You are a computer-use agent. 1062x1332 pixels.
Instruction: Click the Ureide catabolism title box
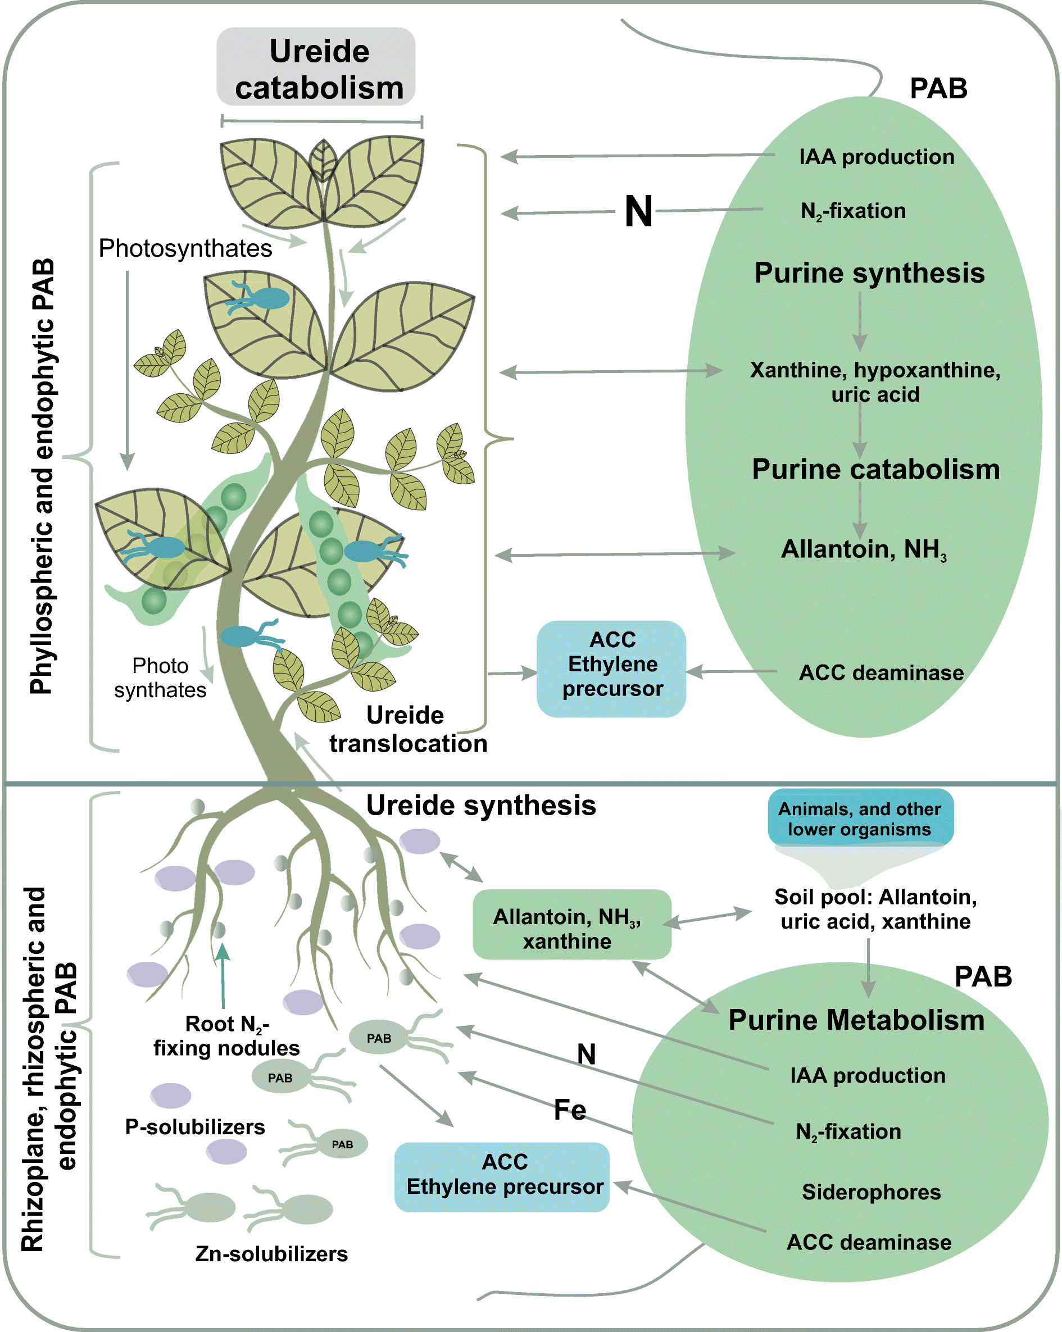pos(316,67)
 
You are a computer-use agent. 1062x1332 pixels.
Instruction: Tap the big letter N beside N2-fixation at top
pos(638,211)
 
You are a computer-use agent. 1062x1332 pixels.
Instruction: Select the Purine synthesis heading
pos(869,273)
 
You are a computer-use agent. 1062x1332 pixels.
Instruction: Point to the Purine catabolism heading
pos(875,470)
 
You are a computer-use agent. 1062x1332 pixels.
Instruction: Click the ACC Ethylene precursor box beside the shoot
pos(611,669)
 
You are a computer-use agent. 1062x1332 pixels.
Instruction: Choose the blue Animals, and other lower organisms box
pos(860,818)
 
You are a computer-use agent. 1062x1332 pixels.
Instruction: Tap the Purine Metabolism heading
pos(856,1020)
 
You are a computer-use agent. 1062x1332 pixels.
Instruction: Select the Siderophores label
pos(870,1192)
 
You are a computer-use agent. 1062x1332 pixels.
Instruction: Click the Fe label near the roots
pos(569,1110)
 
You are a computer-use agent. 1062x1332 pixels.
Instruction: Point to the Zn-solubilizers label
pos(271,1254)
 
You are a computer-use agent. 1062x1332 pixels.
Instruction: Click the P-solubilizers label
pos(194,1127)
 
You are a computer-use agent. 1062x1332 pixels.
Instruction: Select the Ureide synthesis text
pos(480,806)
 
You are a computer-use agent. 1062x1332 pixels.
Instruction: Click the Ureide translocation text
pos(408,730)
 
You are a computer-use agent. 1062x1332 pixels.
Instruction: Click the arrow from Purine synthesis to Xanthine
pos(859,321)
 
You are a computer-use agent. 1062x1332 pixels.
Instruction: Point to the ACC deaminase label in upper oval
pos(881,673)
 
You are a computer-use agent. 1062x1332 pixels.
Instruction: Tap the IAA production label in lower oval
pos(868,1076)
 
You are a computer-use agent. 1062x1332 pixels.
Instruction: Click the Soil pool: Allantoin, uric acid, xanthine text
pos(875,909)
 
